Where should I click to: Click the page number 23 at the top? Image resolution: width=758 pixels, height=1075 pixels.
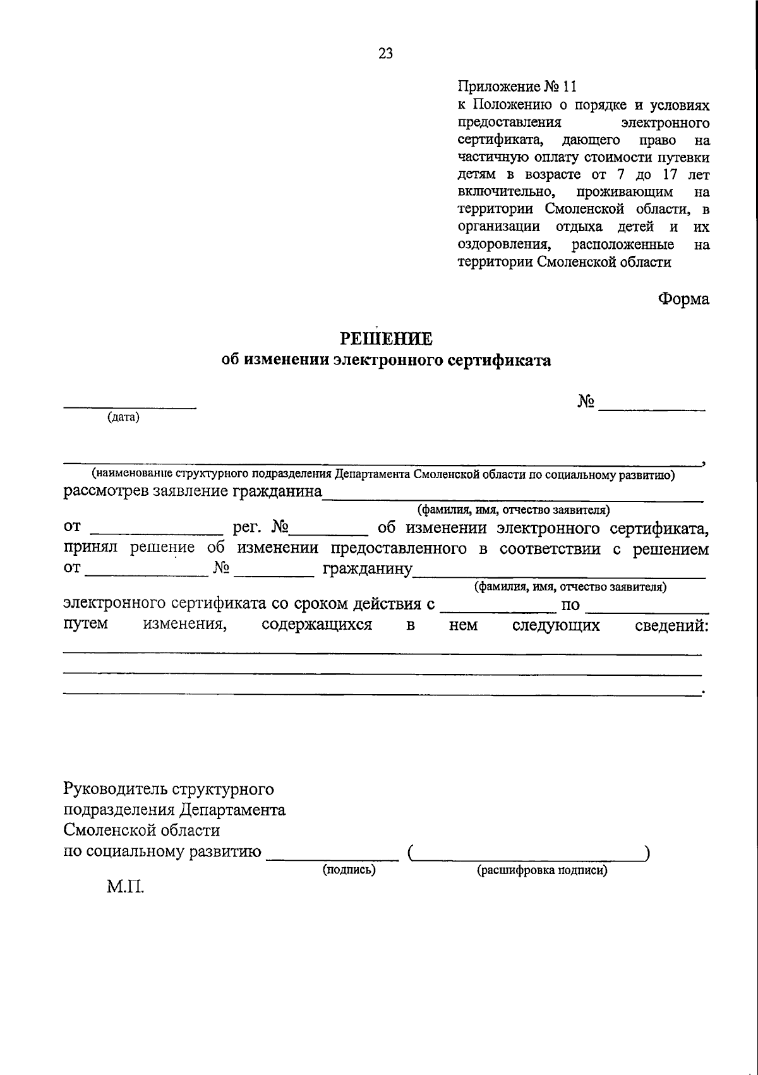(x=385, y=54)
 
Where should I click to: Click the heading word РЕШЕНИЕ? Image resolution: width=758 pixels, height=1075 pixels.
(x=387, y=339)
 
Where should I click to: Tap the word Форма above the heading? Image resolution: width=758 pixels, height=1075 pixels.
(x=683, y=299)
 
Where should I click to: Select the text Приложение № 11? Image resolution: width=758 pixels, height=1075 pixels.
(x=517, y=87)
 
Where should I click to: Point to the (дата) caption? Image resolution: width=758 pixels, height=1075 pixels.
(x=123, y=417)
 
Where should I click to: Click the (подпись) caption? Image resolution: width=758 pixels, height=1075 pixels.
(x=349, y=870)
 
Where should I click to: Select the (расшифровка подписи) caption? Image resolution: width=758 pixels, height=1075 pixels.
(x=542, y=870)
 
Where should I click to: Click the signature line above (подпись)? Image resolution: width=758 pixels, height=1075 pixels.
(x=332, y=858)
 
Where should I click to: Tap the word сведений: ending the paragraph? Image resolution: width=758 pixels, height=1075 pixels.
(x=671, y=626)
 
